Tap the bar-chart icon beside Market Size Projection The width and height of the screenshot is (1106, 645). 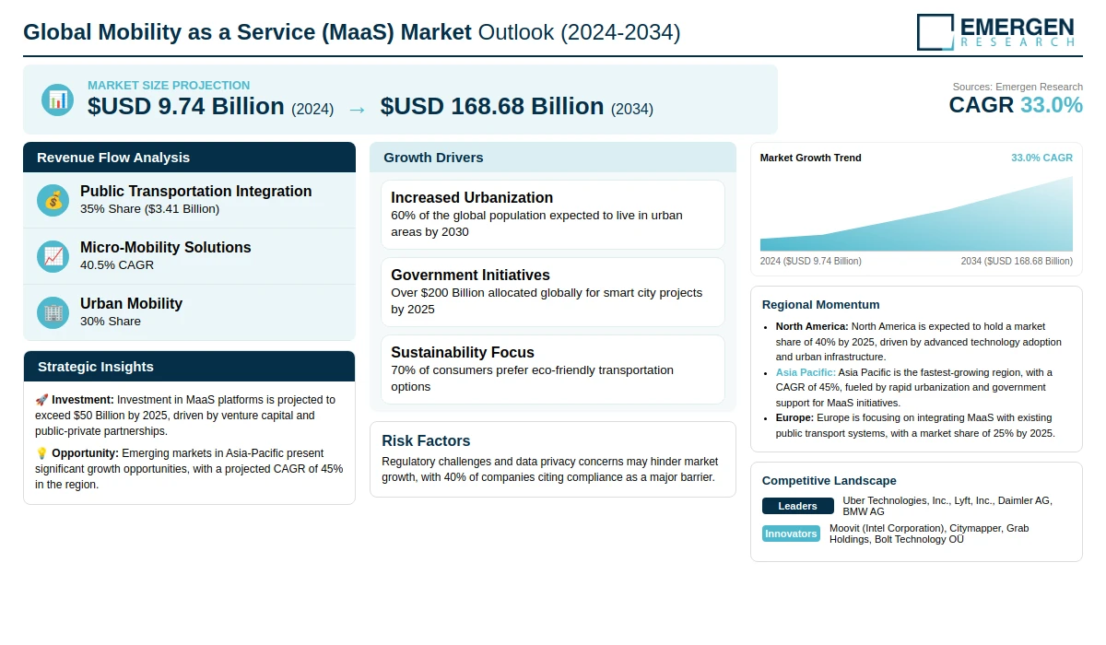pyautogui.click(x=58, y=100)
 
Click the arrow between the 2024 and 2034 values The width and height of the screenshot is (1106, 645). pyautogui.click(x=357, y=110)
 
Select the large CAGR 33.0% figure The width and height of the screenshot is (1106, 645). pyautogui.click(x=1016, y=105)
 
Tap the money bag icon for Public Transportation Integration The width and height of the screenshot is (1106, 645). pyautogui.click(x=53, y=200)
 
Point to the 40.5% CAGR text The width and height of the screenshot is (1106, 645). pyautogui.click(x=117, y=265)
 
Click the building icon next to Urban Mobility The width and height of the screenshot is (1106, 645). pyautogui.click(x=53, y=313)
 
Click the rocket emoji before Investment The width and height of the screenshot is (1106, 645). pyautogui.click(x=41, y=400)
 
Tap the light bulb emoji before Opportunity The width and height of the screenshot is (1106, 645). pyautogui.click(x=41, y=453)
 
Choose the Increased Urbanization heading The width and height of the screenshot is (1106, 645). pyautogui.click(x=472, y=197)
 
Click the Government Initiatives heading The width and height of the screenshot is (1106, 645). pyautogui.click(x=471, y=275)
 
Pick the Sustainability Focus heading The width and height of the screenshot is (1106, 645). pyautogui.click(x=463, y=352)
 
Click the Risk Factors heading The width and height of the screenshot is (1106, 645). pyautogui.click(x=426, y=440)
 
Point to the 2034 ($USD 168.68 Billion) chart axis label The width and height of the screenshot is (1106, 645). pyautogui.click(x=1017, y=261)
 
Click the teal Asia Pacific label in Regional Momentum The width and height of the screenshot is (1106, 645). pyautogui.click(x=806, y=372)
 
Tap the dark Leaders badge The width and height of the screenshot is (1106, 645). pyautogui.click(x=797, y=506)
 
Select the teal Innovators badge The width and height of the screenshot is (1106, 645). pyautogui.click(x=791, y=534)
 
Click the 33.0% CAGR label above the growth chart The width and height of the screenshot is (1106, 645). pyautogui.click(x=1041, y=158)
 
